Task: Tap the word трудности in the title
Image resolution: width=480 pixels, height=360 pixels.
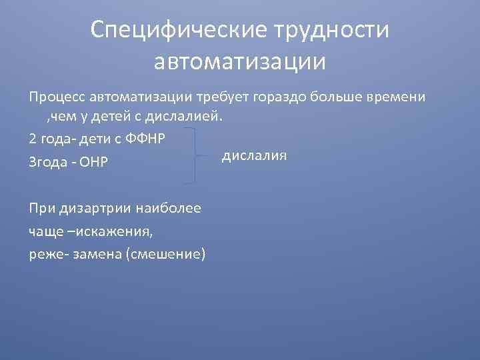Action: pos(330,29)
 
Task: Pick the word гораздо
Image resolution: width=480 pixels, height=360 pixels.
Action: pos(280,97)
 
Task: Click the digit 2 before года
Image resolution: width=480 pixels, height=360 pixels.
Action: pos(33,139)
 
